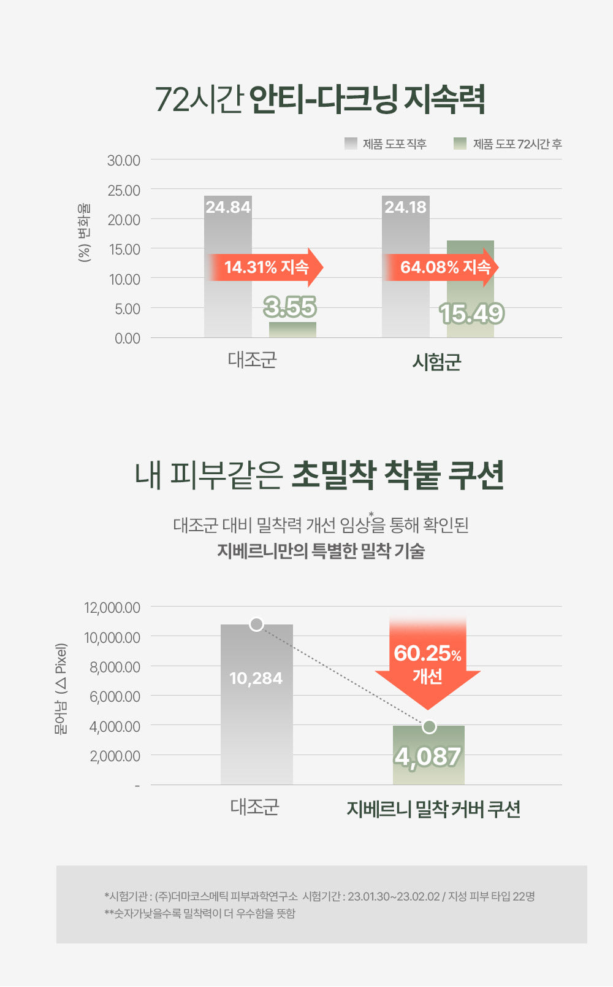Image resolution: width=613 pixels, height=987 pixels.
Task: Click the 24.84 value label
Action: [228, 207]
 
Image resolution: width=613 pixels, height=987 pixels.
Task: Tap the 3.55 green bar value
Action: [290, 307]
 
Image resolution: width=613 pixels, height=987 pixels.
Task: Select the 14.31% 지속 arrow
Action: [266, 267]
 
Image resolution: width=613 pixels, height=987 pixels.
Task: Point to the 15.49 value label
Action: [471, 313]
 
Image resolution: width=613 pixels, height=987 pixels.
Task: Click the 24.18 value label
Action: [405, 207]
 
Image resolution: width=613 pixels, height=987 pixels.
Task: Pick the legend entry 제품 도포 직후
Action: [386, 144]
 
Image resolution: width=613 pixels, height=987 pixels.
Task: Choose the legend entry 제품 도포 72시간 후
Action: [508, 144]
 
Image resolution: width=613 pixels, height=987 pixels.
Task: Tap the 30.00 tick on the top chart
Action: [124, 161]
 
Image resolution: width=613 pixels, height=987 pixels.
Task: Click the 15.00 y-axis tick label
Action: [124, 250]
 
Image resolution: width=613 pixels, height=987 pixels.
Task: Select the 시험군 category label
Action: [436, 362]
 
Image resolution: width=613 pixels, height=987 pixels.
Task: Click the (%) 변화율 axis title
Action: [84, 232]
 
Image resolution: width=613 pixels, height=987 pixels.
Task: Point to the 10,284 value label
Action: [256, 678]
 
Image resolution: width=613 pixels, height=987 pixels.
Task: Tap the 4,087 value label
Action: [428, 756]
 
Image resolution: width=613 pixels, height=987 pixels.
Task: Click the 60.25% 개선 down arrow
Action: [427, 662]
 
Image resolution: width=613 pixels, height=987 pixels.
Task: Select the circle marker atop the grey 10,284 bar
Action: [256, 624]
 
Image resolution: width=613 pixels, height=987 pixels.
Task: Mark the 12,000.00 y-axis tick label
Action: [112, 608]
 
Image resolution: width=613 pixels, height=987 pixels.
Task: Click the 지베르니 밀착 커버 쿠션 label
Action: [433, 809]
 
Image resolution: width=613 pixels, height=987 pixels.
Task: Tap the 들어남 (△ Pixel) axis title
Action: [61, 688]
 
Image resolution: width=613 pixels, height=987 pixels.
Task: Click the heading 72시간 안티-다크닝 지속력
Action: [319, 99]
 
